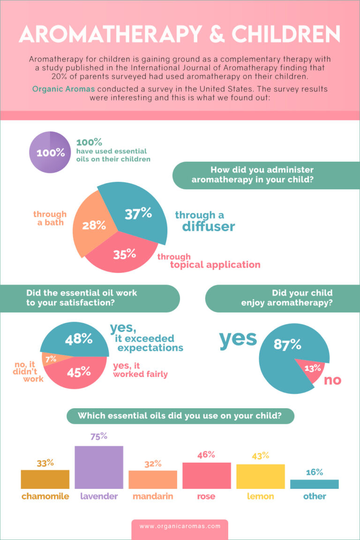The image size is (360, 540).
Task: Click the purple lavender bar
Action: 99,467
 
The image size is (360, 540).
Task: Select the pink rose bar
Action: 206,475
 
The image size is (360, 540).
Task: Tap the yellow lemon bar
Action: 260,476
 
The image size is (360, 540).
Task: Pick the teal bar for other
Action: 314,484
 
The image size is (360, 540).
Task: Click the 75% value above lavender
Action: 99,436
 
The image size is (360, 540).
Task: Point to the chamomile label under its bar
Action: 45,496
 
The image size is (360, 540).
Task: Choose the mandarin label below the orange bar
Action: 153,496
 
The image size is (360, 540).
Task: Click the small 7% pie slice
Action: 50,359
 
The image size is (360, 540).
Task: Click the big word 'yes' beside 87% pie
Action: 238,339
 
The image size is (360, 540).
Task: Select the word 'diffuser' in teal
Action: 208,227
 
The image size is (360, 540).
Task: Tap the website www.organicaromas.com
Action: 180,526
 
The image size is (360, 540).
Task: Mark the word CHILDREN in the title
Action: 286,35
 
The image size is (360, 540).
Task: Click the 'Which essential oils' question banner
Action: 180,416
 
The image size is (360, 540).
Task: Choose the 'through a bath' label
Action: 50,218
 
